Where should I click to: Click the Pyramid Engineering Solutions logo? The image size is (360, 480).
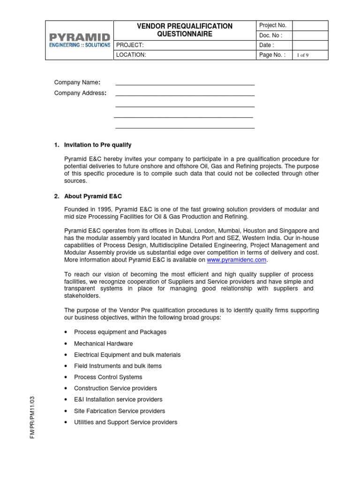click(x=79, y=40)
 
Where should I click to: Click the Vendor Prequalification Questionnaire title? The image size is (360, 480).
click(x=184, y=30)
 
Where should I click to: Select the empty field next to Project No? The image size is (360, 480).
click(x=310, y=25)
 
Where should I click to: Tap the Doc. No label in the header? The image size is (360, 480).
click(x=271, y=36)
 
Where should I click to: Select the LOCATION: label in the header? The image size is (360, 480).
click(x=131, y=55)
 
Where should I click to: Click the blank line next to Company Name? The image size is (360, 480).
click(x=185, y=83)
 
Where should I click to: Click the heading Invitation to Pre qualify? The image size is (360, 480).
click(x=97, y=145)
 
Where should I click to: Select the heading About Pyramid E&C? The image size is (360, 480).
click(x=93, y=196)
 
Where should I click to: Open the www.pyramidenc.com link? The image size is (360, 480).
click(x=236, y=260)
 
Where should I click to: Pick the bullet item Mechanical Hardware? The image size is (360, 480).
click(x=103, y=344)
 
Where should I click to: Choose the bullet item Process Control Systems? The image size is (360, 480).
click(x=108, y=377)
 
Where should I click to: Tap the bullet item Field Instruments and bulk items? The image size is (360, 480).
click(x=118, y=366)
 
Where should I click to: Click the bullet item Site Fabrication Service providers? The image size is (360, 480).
click(x=120, y=411)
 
